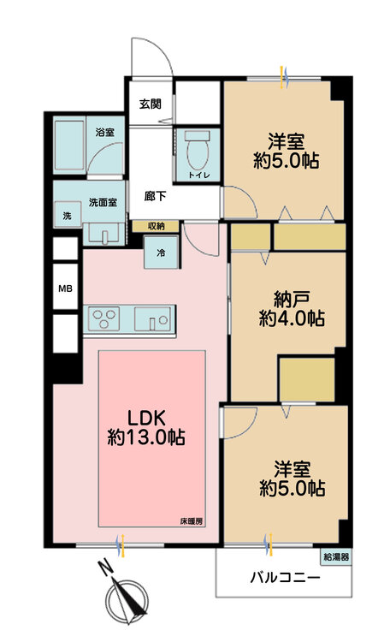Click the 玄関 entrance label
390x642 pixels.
[150, 104]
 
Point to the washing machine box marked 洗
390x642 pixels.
[66, 214]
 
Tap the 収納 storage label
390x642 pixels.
[156, 226]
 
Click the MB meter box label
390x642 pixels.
[65, 289]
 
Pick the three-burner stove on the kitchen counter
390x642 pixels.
[108, 320]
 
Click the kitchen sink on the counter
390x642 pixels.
[154, 320]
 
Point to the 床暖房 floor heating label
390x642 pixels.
[191, 521]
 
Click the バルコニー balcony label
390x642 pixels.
[286, 578]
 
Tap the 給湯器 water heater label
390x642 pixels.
[336, 556]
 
